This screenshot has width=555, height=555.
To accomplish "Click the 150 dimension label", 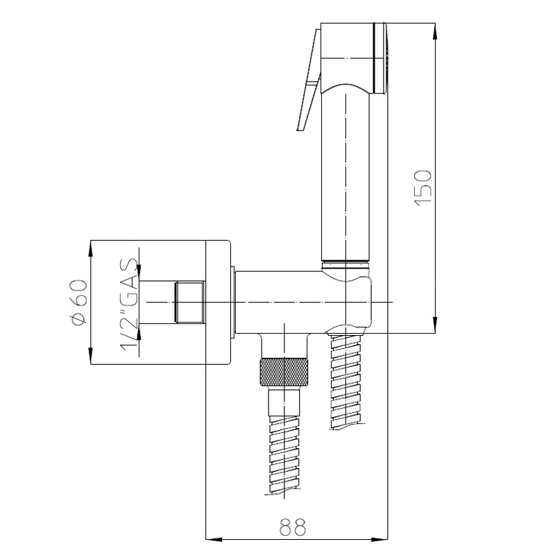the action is coord(423,188).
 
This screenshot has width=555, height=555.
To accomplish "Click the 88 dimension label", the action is coord(292,527).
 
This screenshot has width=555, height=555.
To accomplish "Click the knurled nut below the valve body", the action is coord(284,372).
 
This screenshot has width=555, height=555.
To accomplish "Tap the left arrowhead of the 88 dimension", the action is coord(214,540).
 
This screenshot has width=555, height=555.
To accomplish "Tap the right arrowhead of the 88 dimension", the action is coord(379,540).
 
